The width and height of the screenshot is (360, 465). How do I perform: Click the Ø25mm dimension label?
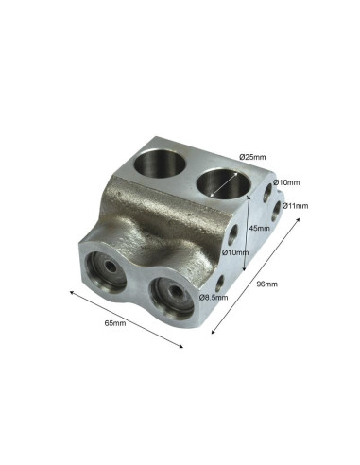coord(252,157)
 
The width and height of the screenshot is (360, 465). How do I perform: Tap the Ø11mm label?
coord(295,206)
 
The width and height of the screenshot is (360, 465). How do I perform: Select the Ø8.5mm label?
coord(214,297)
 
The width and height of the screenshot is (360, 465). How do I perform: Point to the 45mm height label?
coord(260,228)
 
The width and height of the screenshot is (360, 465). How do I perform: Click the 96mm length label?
coord(267,284)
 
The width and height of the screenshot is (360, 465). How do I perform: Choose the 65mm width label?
coord(115,323)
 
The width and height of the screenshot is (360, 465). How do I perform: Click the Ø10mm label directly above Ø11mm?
coord(286,182)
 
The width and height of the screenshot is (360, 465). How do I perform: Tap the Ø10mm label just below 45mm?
coord(235,252)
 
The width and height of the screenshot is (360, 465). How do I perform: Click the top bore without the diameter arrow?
coord(160,164)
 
